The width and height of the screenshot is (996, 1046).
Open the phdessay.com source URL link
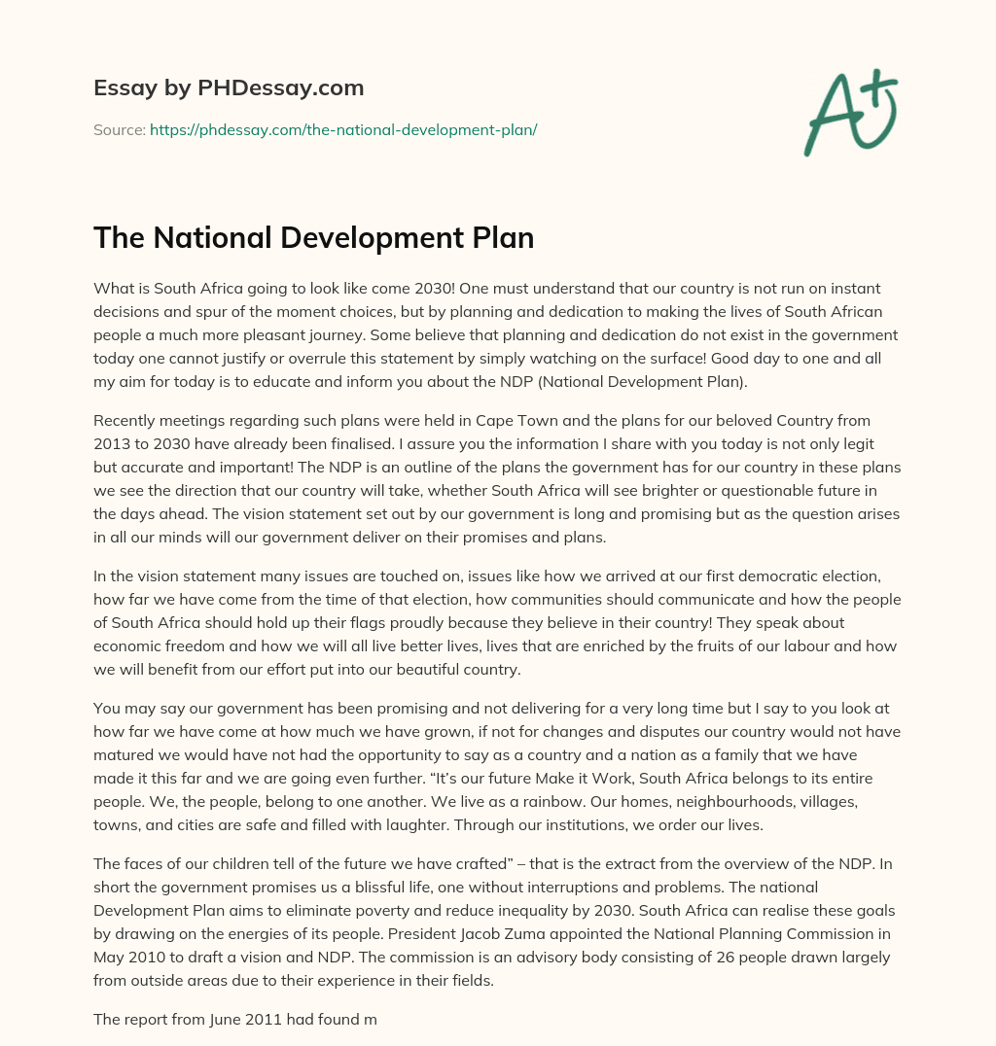pyautogui.click(x=343, y=128)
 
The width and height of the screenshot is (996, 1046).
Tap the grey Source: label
pyautogui.click(x=119, y=128)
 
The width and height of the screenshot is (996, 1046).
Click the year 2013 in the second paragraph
pyautogui.click(x=111, y=443)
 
